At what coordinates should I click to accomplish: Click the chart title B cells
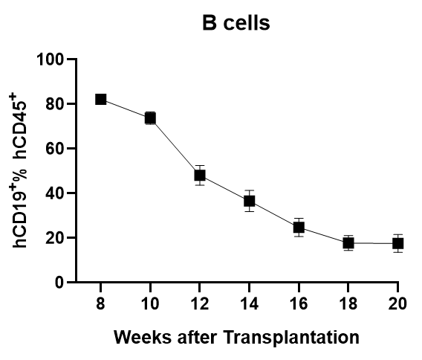click(x=236, y=23)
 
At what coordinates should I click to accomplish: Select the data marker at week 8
click(x=100, y=99)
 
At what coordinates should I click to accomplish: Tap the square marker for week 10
click(x=150, y=118)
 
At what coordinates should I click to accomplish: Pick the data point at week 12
click(x=200, y=176)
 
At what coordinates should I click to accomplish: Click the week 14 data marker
click(x=249, y=201)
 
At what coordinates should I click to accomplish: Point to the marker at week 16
click(x=299, y=228)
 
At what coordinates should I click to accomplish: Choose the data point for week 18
click(x=348, y=243)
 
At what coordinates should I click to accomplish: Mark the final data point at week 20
click(x=397, y=243)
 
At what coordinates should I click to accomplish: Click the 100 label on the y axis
click(x=50, y=60)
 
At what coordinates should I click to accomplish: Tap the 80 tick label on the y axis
click(x=55, y=104)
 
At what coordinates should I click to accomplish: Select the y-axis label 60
click(x=55, y=149)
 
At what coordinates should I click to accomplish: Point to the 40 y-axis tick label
click(x=55, y=193)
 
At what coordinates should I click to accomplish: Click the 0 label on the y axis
click(x=59, y=283)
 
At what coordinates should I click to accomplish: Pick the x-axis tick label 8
click(x=100, y=303)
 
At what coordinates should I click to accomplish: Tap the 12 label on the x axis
click(x=200, y=303)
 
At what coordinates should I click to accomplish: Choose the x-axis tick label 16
click(x=299, y=303)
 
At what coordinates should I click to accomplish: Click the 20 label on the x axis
click(x=397, y=303)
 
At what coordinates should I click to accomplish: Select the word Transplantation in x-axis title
click(x=291, y=338)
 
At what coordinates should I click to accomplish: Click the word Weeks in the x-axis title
click(x=143, y=337)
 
